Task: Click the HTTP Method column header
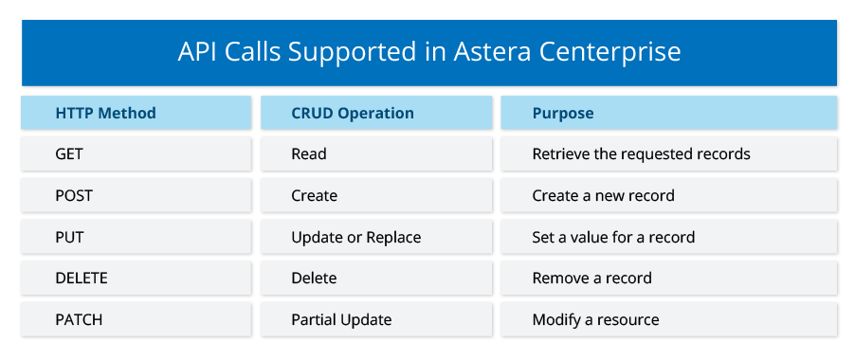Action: (x=136, y=113)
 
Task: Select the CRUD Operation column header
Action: (x=376, y=113)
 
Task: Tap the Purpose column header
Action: (x=668, y=113)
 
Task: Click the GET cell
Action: (x=136, y=154)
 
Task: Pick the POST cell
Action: (x=136, y=195)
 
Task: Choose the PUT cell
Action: (x=136, y=237)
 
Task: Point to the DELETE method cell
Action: (x=136, y=279)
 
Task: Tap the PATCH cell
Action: (x=136, y=319)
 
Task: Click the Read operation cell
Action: (x=376, y=154)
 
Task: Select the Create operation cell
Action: (x=376, y=195)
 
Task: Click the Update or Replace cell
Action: (x=376, y=237)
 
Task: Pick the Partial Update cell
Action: (x=376, y=319)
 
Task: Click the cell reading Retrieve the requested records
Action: (x=668, y=154)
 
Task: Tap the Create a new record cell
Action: (x=668, y=195)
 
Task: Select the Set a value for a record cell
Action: (x=668, y=237)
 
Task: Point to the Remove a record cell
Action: (x=668, y=279)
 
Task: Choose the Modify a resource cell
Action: (x=668, y=319)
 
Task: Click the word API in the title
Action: (x=195, y=52)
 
